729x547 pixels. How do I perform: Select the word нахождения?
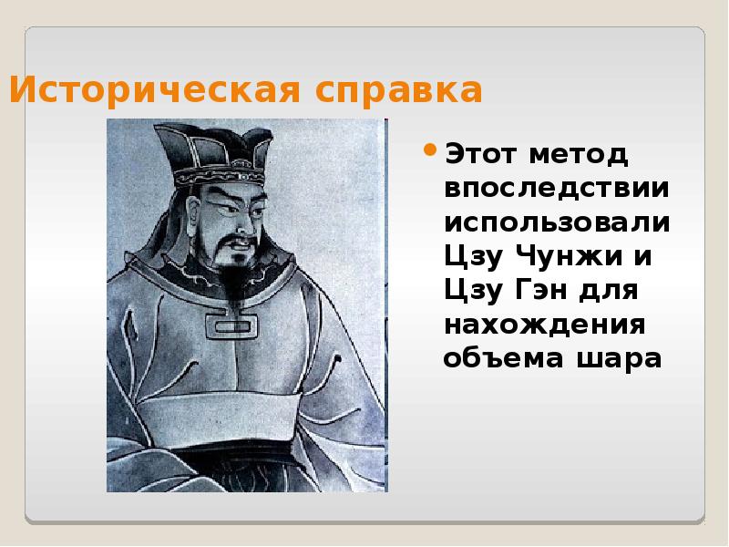(x=545, y=325)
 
